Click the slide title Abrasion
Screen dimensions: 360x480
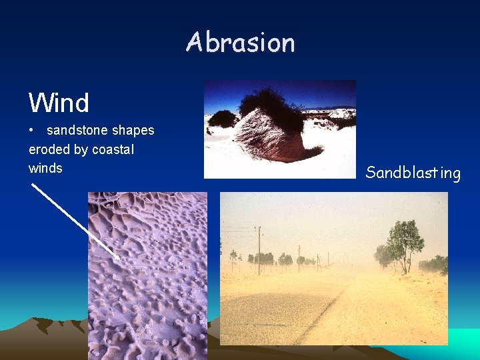tap(240, 43)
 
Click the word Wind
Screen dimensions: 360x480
tap(59, 103)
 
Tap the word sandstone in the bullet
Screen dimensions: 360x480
tap(73, 131)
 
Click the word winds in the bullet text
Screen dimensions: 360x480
tap(45, 169)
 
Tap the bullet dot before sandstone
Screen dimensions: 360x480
tap(32, 131)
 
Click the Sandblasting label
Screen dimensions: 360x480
tap(413, 173)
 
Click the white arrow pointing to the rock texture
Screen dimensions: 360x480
tap(77, 222)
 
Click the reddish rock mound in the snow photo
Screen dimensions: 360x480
tap(273, 137)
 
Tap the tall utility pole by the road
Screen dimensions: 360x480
tap(259, 250)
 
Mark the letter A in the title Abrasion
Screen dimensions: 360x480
tap(194, 43)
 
